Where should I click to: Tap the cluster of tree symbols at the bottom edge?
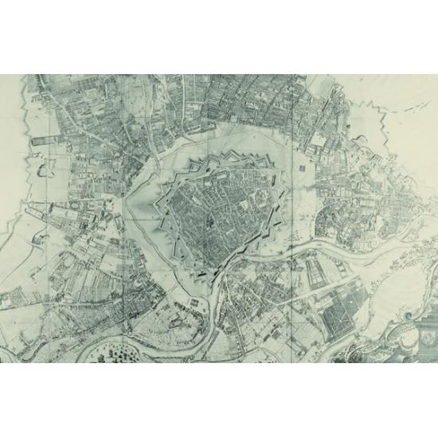(x=119, y=350)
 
